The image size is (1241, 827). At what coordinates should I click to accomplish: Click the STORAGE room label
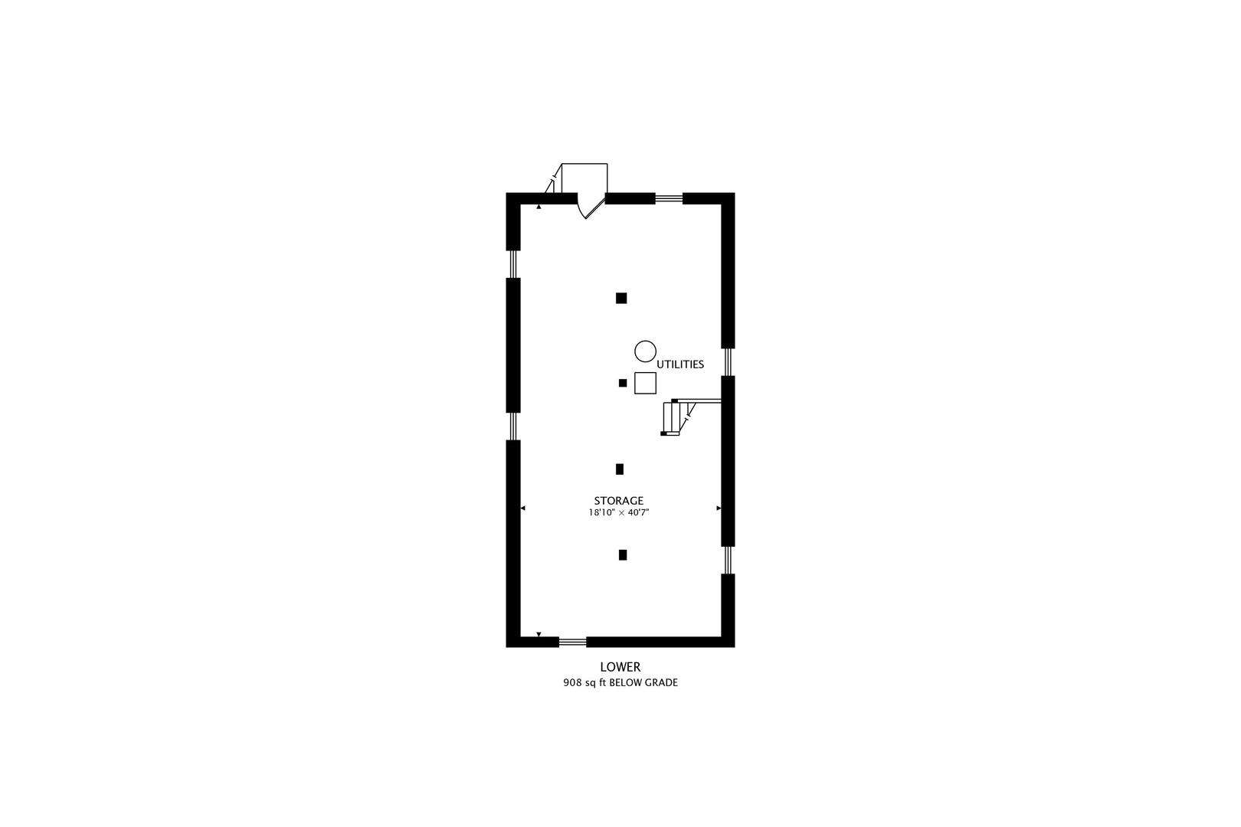click(619, 501)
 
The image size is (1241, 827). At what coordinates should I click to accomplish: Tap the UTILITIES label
click(680, 364)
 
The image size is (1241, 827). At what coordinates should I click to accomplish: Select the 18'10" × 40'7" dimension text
click(619, 513)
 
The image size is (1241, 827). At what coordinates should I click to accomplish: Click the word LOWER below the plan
click(620, 667)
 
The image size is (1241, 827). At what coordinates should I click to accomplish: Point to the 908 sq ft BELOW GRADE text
click(620, 683)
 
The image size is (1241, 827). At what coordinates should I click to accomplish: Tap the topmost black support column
click(621, 298)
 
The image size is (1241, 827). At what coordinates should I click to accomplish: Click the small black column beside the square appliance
click(623, 383)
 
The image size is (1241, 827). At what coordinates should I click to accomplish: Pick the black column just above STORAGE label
click(620, 469)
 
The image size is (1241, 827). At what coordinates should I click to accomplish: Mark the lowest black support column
click(623, 555)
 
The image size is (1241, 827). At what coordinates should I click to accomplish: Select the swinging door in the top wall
click(591, 205)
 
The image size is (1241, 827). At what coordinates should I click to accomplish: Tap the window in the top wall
click(670, 198)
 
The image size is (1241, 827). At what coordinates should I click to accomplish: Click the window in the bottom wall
click(572, 642)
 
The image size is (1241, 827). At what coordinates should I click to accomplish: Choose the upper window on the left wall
click(513, 264)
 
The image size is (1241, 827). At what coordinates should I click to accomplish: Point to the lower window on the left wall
click(513, 426)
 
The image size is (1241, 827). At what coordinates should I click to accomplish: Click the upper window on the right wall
click(728, 361)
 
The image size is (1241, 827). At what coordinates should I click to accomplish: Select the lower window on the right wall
click(728, 560)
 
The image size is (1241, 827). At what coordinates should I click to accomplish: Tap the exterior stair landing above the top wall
click(584, 178)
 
